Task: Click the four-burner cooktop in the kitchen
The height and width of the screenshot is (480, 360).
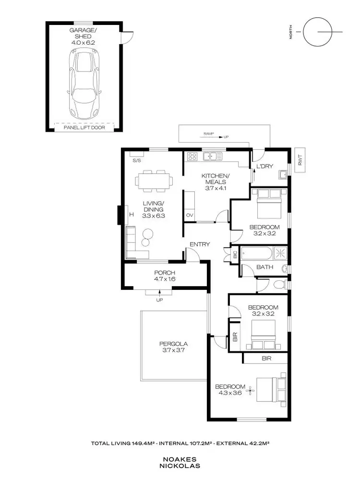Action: point(192,156)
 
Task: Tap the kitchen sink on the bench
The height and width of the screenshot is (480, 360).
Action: point(211,156)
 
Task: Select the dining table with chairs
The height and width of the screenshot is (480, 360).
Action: point(153,181)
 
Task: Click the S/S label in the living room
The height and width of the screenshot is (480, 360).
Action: point(136,160)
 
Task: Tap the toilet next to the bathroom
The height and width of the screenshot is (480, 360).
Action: point(278,285)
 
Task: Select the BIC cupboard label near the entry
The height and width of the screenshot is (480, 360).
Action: point(235,255)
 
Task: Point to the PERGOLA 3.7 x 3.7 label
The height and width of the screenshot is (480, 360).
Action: point(173,347)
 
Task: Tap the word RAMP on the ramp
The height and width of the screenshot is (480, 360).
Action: point(208,134)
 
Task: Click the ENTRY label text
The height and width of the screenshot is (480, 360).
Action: point(200,244)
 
